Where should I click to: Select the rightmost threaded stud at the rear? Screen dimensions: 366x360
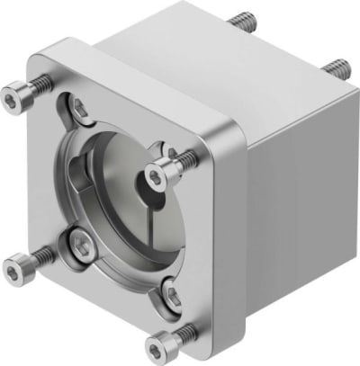click(338, 67)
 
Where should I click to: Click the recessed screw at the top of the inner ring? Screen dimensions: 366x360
click(82, 110)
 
